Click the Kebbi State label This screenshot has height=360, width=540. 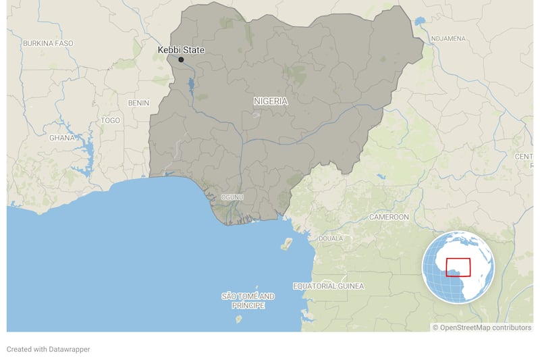pos(181,50)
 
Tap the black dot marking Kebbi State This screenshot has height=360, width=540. pos(181,60)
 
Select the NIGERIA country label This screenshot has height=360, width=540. pos(271,101)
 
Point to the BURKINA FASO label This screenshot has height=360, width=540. pos(48,43)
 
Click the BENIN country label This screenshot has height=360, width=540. pos(138,103)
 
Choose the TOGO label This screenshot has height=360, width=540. pos(110,120)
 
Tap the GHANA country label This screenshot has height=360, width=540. pos(62,137)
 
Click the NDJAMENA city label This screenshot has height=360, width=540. pos(448,38)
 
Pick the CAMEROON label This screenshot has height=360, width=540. pos(389,217)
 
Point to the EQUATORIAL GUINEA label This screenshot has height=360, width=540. pos(328,286)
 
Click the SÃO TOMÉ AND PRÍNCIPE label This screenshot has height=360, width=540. pos(248,301)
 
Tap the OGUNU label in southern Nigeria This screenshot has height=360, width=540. pos(232,197)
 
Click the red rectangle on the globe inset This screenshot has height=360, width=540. pos(458,267)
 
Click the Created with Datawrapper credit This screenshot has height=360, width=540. pos(48,349)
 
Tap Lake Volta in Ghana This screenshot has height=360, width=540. pos(87,145)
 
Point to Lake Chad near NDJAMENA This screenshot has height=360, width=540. pos(421,22)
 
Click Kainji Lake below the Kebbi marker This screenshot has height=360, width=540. pos(192,86)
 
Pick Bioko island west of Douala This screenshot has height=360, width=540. pos(287,244)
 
